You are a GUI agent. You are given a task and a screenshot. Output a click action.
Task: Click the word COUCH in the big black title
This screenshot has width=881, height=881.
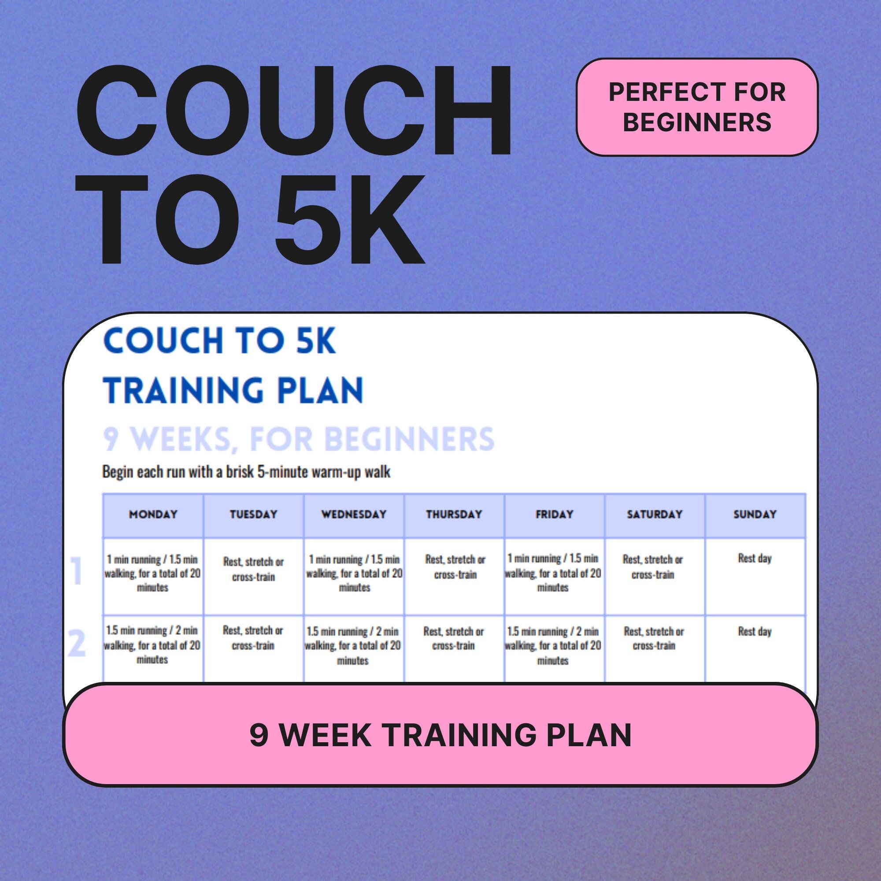coord(294,111)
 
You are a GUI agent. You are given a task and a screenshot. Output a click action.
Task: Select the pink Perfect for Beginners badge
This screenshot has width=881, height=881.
coord(697,107)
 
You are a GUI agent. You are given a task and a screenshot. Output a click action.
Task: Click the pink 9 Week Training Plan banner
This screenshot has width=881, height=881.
coord(440,735)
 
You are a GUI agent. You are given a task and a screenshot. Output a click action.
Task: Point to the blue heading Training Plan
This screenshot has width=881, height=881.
coord(233,390)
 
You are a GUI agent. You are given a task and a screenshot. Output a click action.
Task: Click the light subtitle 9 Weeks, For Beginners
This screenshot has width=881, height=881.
coord(299,439)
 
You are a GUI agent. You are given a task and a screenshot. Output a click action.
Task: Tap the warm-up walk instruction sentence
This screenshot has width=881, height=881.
coord(246,471)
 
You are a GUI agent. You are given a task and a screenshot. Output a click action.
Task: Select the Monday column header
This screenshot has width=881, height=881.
coord(153,515)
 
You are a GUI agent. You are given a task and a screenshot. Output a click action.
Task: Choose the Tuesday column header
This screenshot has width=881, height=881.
coord(254,515)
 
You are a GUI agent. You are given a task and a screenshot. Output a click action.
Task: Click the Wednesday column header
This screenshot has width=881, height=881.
coord(354,515)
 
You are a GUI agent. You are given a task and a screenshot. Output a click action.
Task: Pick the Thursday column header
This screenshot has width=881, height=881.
coord(454,515)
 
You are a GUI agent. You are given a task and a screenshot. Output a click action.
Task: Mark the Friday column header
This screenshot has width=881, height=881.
coord(555,515)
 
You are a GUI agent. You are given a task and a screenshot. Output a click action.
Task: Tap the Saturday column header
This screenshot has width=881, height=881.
coord(655,515)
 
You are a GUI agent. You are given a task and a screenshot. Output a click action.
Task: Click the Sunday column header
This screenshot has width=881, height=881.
coord(755,515)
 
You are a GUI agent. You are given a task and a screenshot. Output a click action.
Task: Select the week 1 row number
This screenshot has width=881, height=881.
coord(77,571)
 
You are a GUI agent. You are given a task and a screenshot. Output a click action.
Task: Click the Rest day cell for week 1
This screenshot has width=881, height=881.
coord(755,558)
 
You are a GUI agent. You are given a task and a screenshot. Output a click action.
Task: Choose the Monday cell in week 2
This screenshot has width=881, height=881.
coord(153,645)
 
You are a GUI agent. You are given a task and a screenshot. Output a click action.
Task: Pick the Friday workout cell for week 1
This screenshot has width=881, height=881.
coord(554,573)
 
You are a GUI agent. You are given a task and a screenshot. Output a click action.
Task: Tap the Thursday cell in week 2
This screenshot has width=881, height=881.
coord(454,638)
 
